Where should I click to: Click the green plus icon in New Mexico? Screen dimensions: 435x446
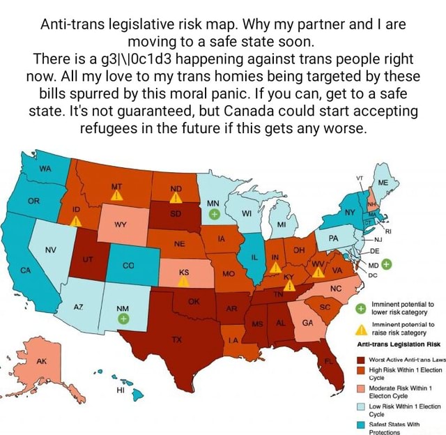(123, 319)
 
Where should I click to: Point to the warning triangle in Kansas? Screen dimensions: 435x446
(183, 280)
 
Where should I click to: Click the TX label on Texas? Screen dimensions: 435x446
(176, 339)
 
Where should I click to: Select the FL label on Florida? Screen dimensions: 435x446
(328, 361)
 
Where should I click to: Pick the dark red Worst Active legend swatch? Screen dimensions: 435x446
(362, 360)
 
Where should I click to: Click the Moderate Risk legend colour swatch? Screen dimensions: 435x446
(362, 388)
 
